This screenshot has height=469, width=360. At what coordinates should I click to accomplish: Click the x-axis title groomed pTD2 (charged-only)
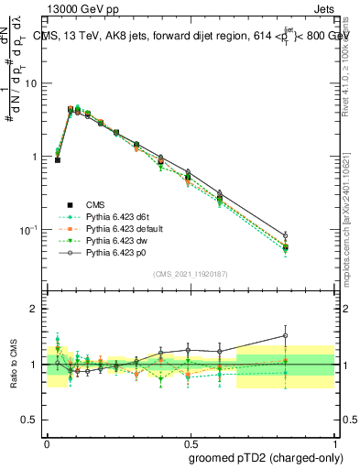coord(266,457)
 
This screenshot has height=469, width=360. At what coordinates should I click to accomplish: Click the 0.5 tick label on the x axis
coord(188,440)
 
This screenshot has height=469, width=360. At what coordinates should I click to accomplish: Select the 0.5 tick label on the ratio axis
coord(32,420)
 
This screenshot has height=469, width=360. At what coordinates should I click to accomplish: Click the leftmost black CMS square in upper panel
coord(58,159)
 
